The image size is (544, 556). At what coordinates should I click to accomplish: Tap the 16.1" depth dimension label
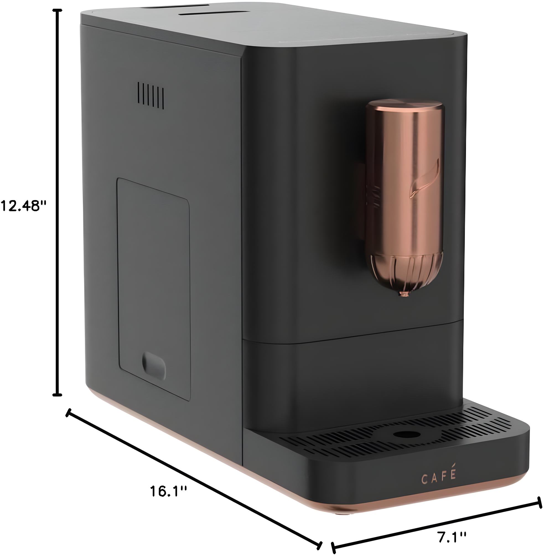169,491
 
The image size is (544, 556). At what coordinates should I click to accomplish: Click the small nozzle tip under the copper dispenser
404,294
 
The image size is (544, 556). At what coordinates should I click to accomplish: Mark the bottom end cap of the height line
58,395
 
